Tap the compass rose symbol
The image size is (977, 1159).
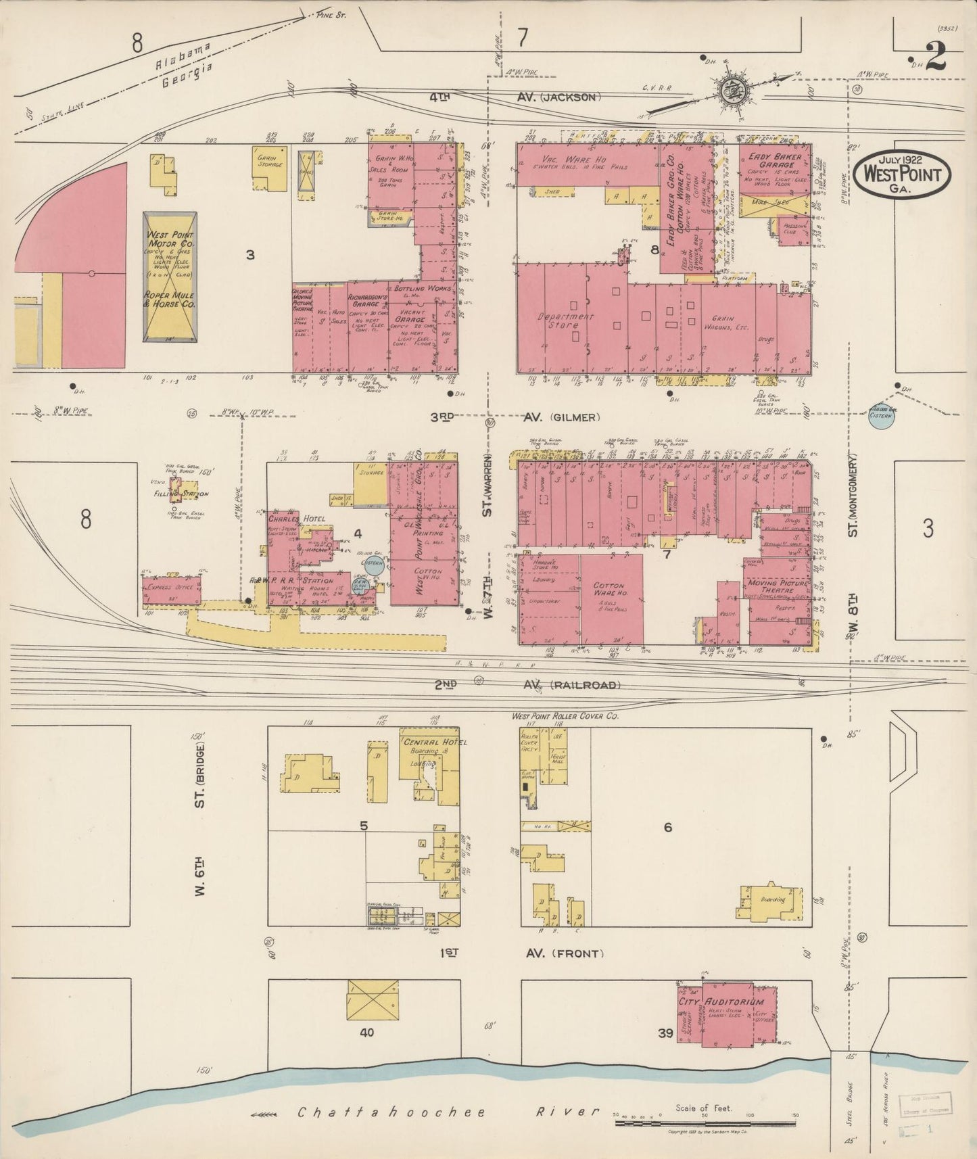732,91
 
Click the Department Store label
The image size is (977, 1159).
565,321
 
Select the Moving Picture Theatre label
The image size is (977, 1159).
779,587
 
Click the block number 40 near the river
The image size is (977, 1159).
366,1033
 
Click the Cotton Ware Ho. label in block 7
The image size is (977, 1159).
609,590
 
